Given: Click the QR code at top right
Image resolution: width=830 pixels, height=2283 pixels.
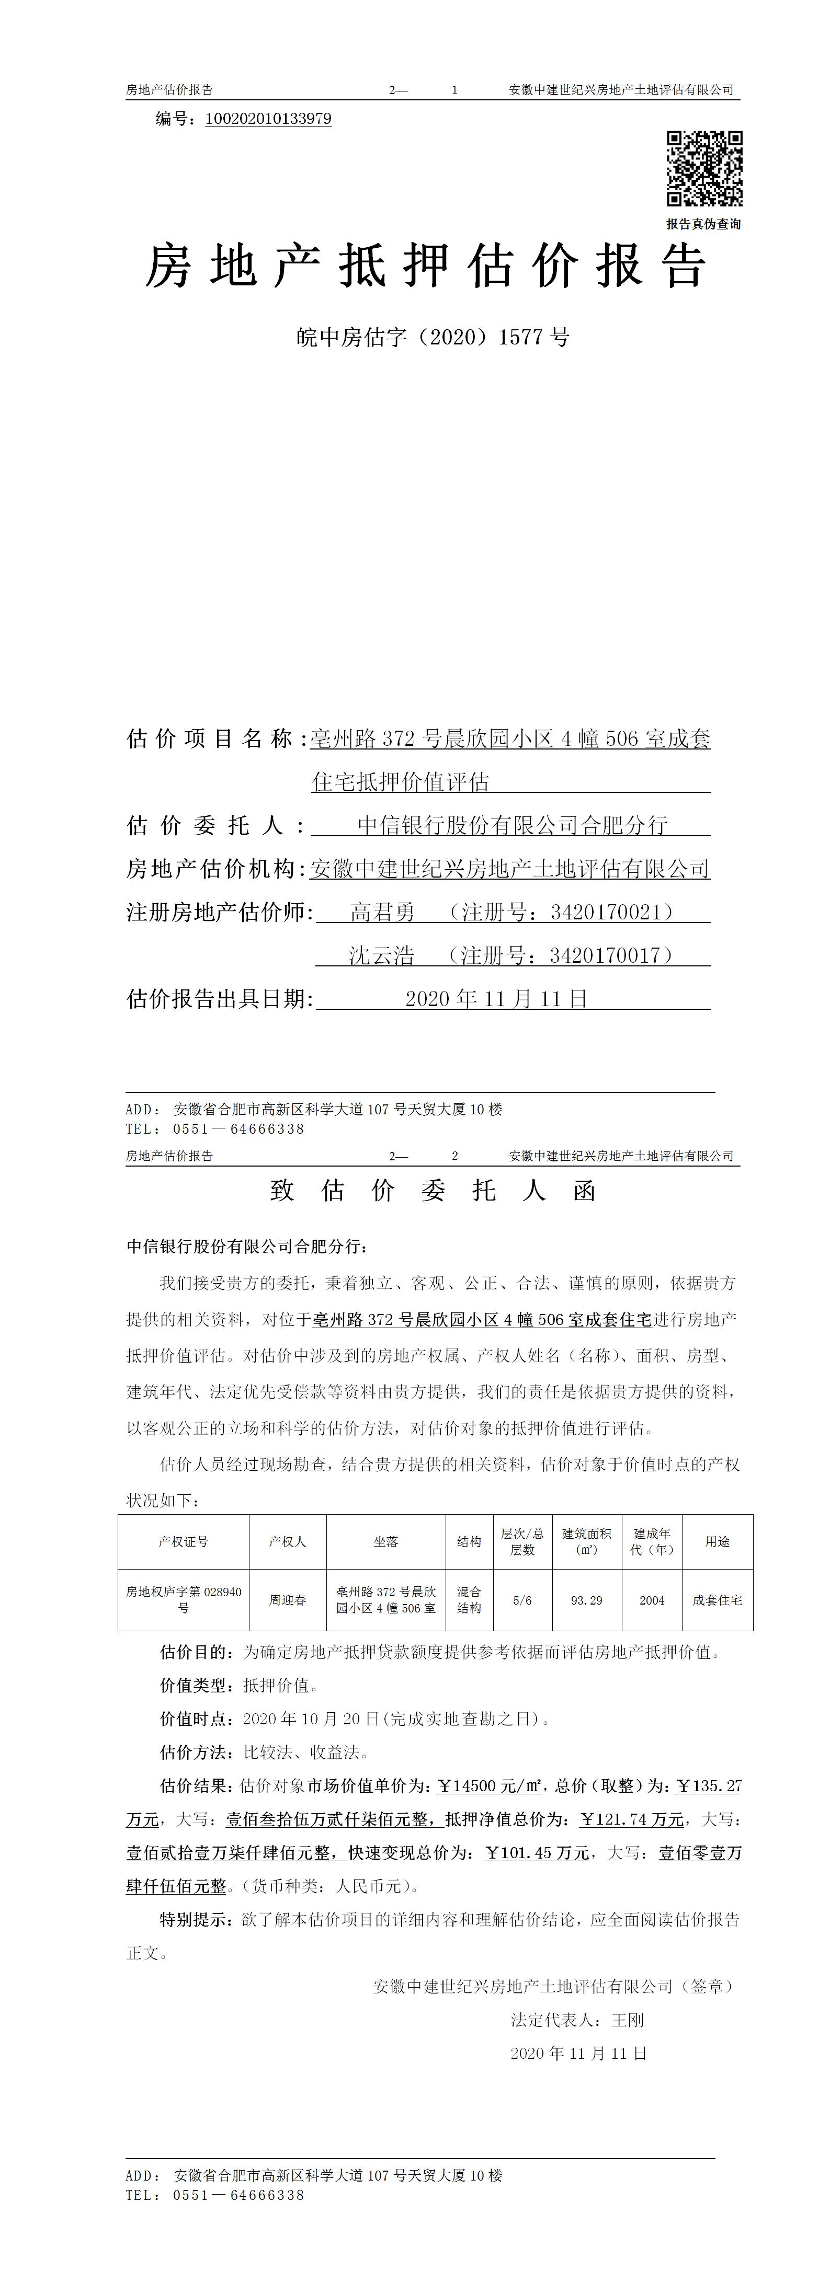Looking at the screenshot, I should coord(704,168).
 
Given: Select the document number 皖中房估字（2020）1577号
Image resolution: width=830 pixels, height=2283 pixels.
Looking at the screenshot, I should coord(432,338).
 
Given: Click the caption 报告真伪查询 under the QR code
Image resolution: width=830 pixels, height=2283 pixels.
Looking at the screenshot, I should coord(703,224).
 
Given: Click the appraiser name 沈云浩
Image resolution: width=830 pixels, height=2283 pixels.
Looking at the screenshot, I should coord(381,955).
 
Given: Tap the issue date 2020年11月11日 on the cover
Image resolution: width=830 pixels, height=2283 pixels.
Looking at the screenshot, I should coord(496,999).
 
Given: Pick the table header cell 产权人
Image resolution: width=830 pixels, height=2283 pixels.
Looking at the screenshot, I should coord(287,1542).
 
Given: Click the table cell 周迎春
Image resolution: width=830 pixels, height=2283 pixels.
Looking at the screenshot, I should coord(287,1600).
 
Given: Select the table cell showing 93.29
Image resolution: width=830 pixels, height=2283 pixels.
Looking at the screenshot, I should coord(586,1600).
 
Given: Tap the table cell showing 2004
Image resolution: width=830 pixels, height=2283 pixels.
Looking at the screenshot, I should coord(652,1600).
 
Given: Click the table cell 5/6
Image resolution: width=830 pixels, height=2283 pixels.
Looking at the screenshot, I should coord(522,1600).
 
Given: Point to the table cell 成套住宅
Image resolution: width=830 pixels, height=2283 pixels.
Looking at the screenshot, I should coord(718,1600).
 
